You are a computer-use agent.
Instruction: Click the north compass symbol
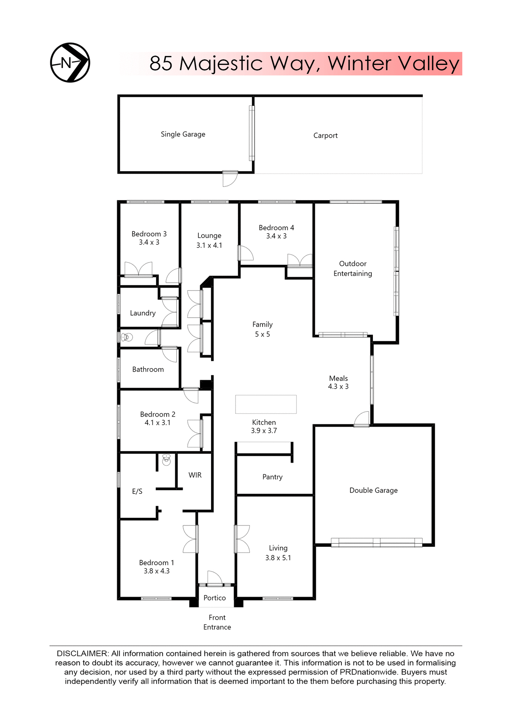point(70,63)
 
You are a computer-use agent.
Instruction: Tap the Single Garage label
point(183,134)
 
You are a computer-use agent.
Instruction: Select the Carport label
point(325,136)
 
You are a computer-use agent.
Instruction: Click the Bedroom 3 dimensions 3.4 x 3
point(149,243)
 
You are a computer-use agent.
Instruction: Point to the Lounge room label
point(209,235)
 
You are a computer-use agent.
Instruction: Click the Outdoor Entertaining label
point(353,268)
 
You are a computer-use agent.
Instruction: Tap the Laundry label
point(142,313)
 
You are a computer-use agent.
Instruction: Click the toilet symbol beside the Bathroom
point(127,337)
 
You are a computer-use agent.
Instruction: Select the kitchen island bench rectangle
point(266,404)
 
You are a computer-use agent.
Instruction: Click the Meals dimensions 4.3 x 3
point(338,386)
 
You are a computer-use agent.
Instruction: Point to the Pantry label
point(272,477)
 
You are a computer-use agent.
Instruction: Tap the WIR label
point(195,475)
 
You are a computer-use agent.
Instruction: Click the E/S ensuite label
point(137,491)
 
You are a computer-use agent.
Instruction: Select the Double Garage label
point(373,490)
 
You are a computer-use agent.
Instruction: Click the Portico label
point(214,598)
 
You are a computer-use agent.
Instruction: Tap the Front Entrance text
point(217,622)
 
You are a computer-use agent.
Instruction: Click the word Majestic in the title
point(221,63)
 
